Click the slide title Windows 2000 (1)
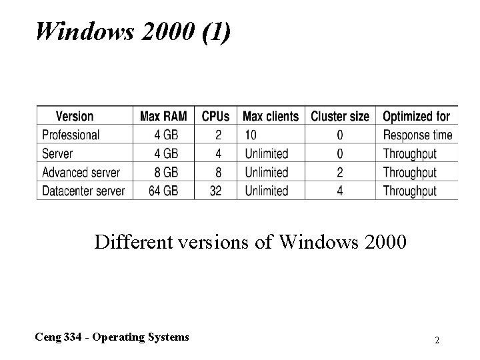click(134, 31)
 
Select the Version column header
click(74, 116)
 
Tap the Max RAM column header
click(163, 116)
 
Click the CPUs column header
click(215, 116)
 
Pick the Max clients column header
click(271, 116)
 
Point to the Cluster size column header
click(339, 116)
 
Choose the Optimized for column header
click(416, 116)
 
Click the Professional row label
click(70, 135)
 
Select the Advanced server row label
click(81, 172)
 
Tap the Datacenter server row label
click(83, 191)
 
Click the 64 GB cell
click(163, 191)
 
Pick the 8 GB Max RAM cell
click(166, 172)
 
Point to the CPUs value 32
click(215, 191)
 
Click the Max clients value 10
click(251, 135)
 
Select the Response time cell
click(417, 135)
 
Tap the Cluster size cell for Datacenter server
click(340, 191)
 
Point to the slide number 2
click(437, 340)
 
